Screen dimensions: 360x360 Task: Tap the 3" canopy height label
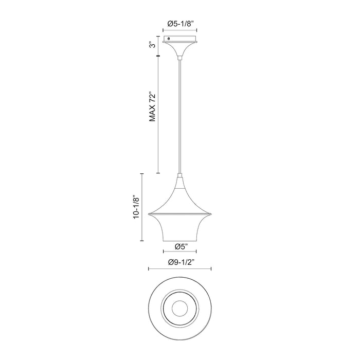[x=152, y=44]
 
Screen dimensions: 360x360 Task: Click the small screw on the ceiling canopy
[x=169, y=39]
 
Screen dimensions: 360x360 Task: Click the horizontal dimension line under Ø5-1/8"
[x=180, y=30]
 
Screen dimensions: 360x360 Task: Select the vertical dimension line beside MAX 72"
[x=158, y=114]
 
